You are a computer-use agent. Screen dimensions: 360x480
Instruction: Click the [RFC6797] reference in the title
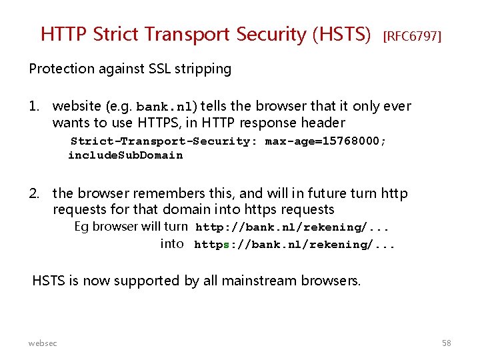[x=412, y=36]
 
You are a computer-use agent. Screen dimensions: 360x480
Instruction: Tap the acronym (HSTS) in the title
[x=341, y=35]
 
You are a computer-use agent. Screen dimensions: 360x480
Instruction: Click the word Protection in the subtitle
[x=61, y=69]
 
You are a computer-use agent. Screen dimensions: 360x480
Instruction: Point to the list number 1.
[x=35, y=106]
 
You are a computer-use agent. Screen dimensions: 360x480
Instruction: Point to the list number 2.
[x=35, y=193]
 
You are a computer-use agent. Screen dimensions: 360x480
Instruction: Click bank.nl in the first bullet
[x=167, y=107]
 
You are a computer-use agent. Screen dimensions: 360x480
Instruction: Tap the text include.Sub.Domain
[x=125, y=155]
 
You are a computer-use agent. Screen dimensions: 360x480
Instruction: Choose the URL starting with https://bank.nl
[x=295, y=245]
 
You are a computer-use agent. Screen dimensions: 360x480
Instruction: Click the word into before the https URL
[x=172, y=243]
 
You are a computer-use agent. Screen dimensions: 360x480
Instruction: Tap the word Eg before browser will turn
[x=81, y=227]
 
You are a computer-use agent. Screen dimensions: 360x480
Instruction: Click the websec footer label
[x=43, y=343]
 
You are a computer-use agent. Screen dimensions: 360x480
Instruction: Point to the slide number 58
[x=446, y=343]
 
